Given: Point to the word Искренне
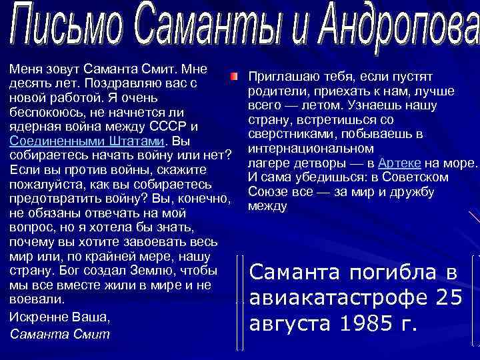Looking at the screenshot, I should pyautogui.click(x=33, y=316).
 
